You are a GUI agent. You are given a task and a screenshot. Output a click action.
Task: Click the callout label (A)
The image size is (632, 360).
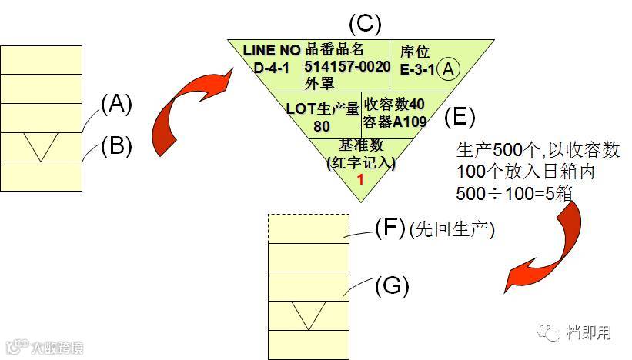(117, 104)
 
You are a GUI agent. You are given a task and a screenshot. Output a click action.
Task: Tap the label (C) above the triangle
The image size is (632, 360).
(365, 23)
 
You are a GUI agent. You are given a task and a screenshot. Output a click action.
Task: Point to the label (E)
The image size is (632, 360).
(460, 117)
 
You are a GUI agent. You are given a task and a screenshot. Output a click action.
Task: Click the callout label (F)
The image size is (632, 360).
(390, 228)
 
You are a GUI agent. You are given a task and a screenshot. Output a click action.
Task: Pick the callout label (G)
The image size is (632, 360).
(391, 285)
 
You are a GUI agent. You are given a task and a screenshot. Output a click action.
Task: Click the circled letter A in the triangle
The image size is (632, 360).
(450, 69)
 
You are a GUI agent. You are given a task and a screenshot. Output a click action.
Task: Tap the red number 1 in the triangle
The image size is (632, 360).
(359, 178)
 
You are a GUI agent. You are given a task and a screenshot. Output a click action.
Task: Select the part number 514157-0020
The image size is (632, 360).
(347, 66)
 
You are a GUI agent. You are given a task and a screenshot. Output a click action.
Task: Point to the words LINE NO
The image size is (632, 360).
(271, 50)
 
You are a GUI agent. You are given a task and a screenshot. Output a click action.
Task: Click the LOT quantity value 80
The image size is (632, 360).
(322, 125)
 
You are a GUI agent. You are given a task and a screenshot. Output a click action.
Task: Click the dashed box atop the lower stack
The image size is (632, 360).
(308, 228)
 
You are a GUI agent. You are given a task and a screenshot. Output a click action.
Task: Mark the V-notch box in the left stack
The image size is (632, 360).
(41, 146)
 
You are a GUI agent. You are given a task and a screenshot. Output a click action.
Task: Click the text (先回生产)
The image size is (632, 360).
(451, 229)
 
